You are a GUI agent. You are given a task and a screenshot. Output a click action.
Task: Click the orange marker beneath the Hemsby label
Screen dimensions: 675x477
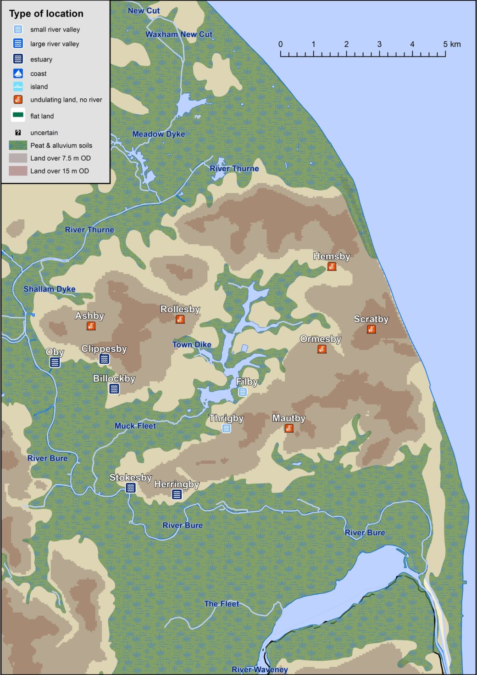332,266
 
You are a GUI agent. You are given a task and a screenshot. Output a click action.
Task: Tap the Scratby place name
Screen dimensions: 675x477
371,319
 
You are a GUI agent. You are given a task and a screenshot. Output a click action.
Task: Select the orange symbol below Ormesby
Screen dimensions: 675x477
322,349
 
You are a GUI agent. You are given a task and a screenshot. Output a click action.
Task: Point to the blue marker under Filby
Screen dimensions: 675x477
243,392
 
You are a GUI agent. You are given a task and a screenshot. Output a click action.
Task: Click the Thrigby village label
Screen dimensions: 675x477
226,418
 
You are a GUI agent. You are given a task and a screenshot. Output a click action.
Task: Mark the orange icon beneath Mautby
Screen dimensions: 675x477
288,428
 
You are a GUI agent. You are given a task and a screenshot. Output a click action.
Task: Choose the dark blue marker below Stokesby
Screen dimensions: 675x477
131,488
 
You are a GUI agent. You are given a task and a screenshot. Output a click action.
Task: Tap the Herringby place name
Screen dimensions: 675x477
177,484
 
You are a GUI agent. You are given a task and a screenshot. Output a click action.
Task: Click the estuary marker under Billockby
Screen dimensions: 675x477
114,389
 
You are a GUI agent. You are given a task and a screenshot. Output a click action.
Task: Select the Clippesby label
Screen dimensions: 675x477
104,349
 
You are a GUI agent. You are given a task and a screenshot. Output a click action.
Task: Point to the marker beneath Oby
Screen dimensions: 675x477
55,362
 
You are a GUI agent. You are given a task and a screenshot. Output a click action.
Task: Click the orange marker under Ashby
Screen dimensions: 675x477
91,326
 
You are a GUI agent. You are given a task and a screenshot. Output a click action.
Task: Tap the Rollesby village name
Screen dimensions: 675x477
180,309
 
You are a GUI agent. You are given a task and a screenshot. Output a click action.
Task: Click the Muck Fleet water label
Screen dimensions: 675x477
135,426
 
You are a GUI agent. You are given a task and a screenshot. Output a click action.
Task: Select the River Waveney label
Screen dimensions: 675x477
260,669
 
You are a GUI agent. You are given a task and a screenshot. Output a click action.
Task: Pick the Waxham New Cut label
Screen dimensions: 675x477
179,34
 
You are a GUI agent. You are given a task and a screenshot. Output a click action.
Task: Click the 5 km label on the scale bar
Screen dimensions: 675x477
452,44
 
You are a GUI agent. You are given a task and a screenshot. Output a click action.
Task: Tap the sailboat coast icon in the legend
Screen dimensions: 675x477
18,73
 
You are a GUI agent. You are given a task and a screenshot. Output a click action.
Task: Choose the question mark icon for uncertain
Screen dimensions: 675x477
18,133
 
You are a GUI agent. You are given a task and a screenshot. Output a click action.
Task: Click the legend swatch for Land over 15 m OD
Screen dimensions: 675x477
18,171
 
